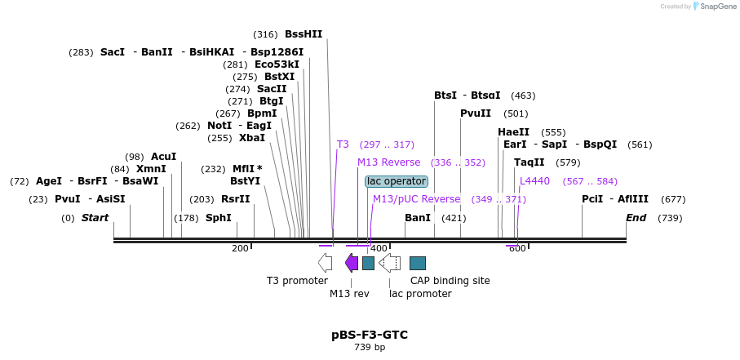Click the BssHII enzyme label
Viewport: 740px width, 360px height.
click(304, 34)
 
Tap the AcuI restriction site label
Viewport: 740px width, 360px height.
click(163, 156)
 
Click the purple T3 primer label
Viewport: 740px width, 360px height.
click(343, 144)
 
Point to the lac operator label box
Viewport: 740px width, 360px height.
click(396, 181)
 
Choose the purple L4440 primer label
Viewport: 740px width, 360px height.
click(534, 181)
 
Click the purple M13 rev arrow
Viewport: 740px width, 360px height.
click(352, 262)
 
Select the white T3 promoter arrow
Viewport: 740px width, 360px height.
click(325, 262)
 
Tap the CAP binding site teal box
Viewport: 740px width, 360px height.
click(417, 263)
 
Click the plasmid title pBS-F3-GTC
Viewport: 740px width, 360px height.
click(370, 335)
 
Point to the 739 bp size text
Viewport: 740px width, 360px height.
click(370, 348)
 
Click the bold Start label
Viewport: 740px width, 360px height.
click(95, 218)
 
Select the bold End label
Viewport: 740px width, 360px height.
click(636, 218)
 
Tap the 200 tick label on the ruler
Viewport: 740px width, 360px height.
click(240, 248)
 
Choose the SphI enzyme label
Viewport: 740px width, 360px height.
click(218, 218)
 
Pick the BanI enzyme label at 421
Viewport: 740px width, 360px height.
click(418, 218)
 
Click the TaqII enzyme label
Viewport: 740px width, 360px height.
click(529, 162)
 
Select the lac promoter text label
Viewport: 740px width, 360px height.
click(420, 294)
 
